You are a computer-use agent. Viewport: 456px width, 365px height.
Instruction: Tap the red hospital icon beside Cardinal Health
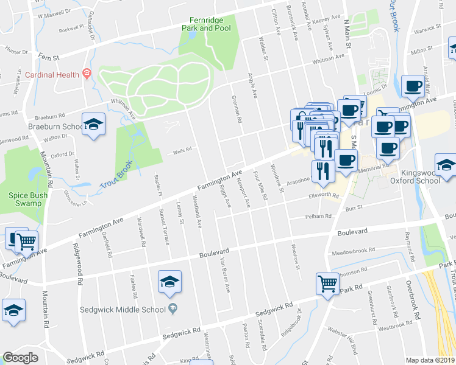tap(87, 74)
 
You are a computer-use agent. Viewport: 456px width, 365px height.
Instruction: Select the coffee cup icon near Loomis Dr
tap(413, 87)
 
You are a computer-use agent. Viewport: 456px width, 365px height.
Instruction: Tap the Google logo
tap(20, 358)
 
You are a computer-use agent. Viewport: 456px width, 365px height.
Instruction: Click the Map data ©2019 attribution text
tap(430, 360)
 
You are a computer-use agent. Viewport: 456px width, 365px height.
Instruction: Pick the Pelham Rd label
tap(318, 216)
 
